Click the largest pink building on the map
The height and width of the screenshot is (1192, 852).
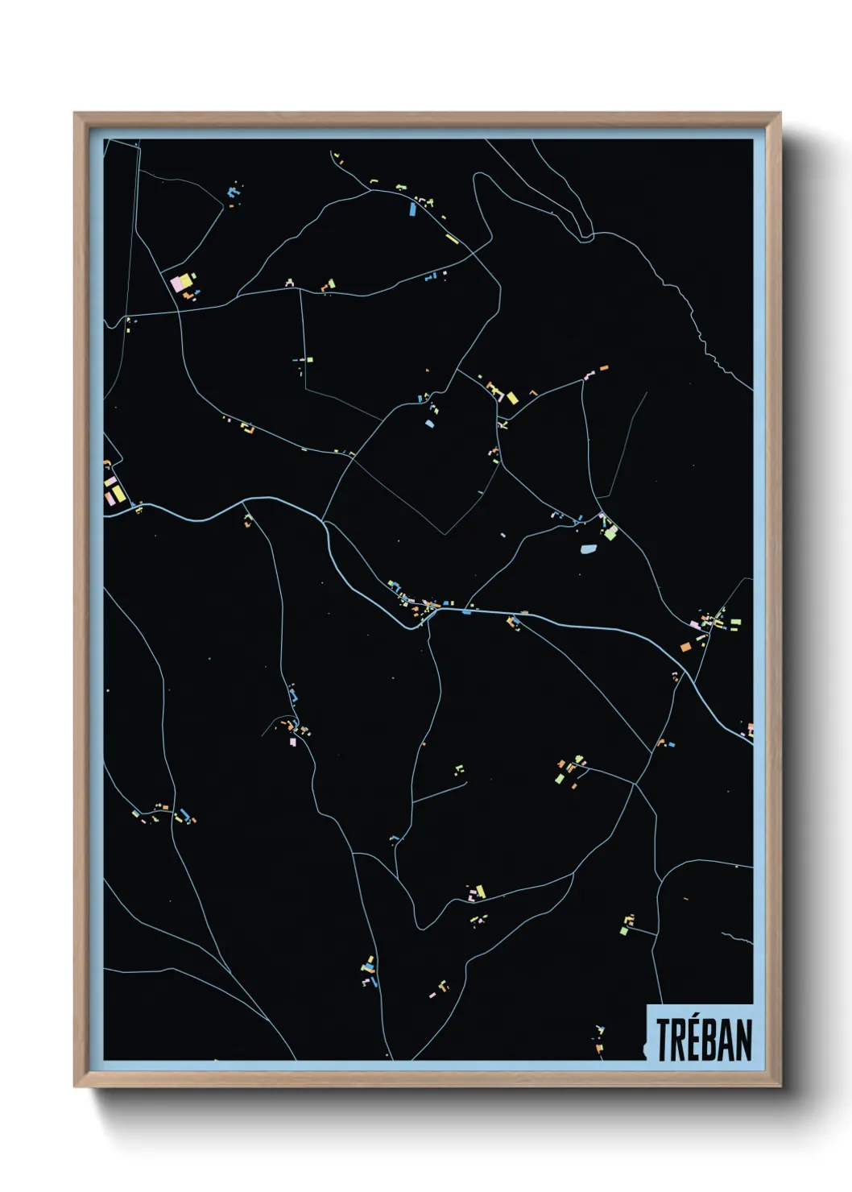tap(178, 284)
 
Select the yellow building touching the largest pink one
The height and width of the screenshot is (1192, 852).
tap(187, 279)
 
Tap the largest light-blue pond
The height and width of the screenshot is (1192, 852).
tap(588, 550)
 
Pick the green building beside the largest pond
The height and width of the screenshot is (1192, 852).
tap(610, 532)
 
